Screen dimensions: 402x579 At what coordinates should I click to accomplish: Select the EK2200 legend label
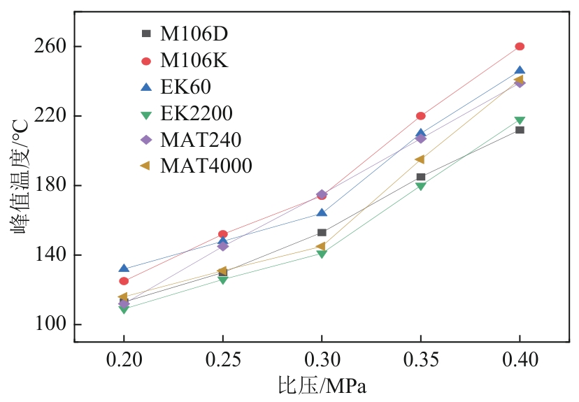[x=196, y=113]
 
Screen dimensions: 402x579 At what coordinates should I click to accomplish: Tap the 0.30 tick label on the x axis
[x=322, y=361]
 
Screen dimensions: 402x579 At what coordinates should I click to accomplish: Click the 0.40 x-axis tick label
[x=520, y=361]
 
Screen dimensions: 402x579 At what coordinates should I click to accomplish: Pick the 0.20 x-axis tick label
[x=124, y=361]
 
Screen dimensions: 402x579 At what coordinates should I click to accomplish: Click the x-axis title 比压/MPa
[x=322, y=387]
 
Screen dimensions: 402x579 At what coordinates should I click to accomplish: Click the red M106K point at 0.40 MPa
[x=520, y=46]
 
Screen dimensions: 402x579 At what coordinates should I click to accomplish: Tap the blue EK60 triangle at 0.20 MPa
[x=124, y=268]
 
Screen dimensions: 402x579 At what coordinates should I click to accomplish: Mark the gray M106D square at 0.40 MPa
[x=520, y=130]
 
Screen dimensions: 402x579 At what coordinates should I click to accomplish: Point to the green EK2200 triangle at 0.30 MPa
[x=322, y=254]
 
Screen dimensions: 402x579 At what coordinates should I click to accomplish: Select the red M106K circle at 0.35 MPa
[x=420, y=116]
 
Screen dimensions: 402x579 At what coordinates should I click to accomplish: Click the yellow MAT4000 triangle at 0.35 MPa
[x=420, y=159]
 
